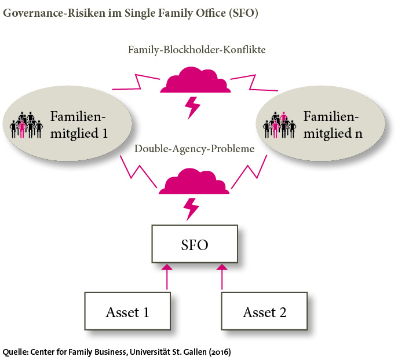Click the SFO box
(195, 243)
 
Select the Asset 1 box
(127, 313)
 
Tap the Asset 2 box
(265, 313)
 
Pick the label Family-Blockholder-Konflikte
(196, 50)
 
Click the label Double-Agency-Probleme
(195, 149)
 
